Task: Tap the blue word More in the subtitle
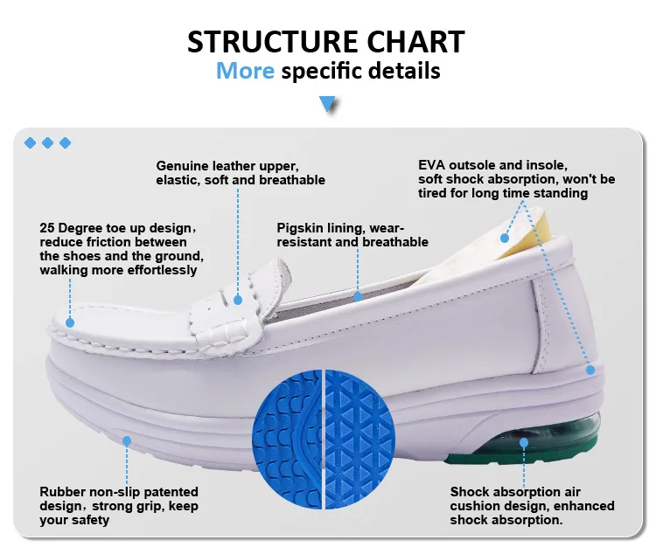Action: click(x=245, y=71)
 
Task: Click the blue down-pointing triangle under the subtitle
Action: click(x=328, y=104)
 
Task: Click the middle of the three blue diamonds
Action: click(x=47, y=142)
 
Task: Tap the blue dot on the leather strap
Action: click(x=238, y=298)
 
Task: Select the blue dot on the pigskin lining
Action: click(x=357, y=296)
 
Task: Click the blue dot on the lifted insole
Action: click(x=505, y=237)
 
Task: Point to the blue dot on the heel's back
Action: click(x=590, y=370)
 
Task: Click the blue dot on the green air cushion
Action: click(x=524, y=443)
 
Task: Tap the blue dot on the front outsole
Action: click(x=126, y=440)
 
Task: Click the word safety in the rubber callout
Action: click(x=90, y=520)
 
